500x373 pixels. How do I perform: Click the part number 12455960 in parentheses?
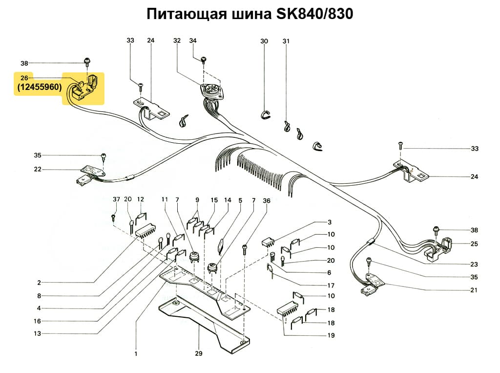pos(38,88)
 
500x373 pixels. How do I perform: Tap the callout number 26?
pos(24,78)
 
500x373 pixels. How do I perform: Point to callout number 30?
pos(264,42)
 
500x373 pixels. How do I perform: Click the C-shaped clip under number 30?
pos(264,114)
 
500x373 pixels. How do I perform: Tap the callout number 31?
pos(286,42)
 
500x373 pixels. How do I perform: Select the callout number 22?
pos(38,170)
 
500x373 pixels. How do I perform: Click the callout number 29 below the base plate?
pos(198,353)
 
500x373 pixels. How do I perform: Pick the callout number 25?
pos(474,243)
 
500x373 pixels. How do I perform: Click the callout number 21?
pos(474,290)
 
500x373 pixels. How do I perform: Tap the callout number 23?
pos(474,264)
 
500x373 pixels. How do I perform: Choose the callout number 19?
pos(331,335)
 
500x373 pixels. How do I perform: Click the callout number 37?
pos(116,199)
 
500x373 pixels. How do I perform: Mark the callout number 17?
pos(331,285)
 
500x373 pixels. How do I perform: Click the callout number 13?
pos(38,334)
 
